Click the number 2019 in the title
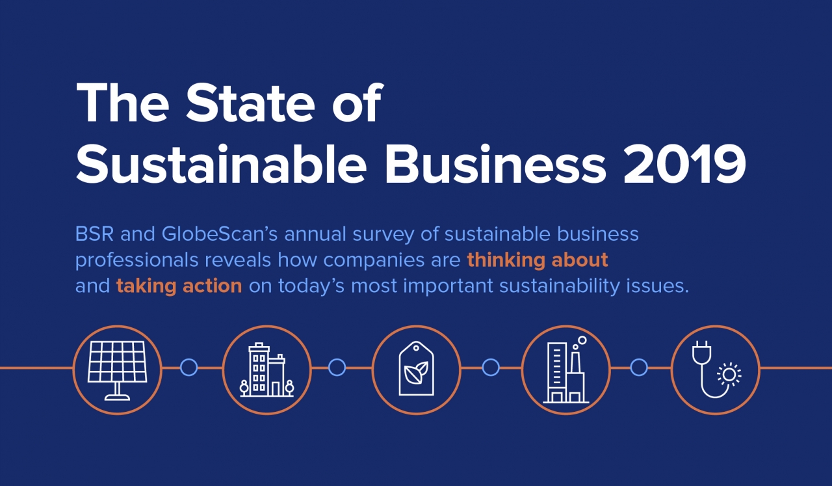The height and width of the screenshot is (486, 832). pyautogui.click(x=684, y=165)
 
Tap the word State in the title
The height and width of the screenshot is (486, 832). pyautogui.click(x=250, y=102)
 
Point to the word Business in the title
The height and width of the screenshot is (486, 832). pyautogui.click(x=496, y=163)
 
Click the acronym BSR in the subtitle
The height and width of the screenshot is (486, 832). pyautogui.click(x=94, y=234)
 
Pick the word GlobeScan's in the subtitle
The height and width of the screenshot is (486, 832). pyautogui.click(x=220, y=234)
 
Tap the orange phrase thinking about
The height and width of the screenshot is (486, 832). pyautogui.click(x=538, y=260)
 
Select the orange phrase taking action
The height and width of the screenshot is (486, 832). pyautogui.click(x=179, y=286)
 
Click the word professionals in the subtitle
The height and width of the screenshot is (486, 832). pyautogui.click(x=136, y=260)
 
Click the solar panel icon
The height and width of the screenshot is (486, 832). pyautogui.click(x=118, y=370)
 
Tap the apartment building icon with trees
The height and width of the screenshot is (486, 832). pyautogui.click(x=266, y=370)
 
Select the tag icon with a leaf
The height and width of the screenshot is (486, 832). pyautogui.click(x=416, y=368)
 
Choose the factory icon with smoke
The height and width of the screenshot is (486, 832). pyautogui.click(x=565, y=370)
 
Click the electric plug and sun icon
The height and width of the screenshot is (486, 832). pyautogui.click(x=716, y=370)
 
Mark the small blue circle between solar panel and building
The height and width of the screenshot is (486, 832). pyautogui.click(x=188, y=368)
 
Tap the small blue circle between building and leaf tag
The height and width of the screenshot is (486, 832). pyautogui.click(x=337, y=368)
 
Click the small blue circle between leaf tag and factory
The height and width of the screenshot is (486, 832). pyautogui.click(x=491, y=368)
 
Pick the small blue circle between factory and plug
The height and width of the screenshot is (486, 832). pyautogui.click(x=639, y=368)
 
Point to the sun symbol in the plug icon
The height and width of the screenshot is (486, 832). pyautogui.click(x=729, y=375)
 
